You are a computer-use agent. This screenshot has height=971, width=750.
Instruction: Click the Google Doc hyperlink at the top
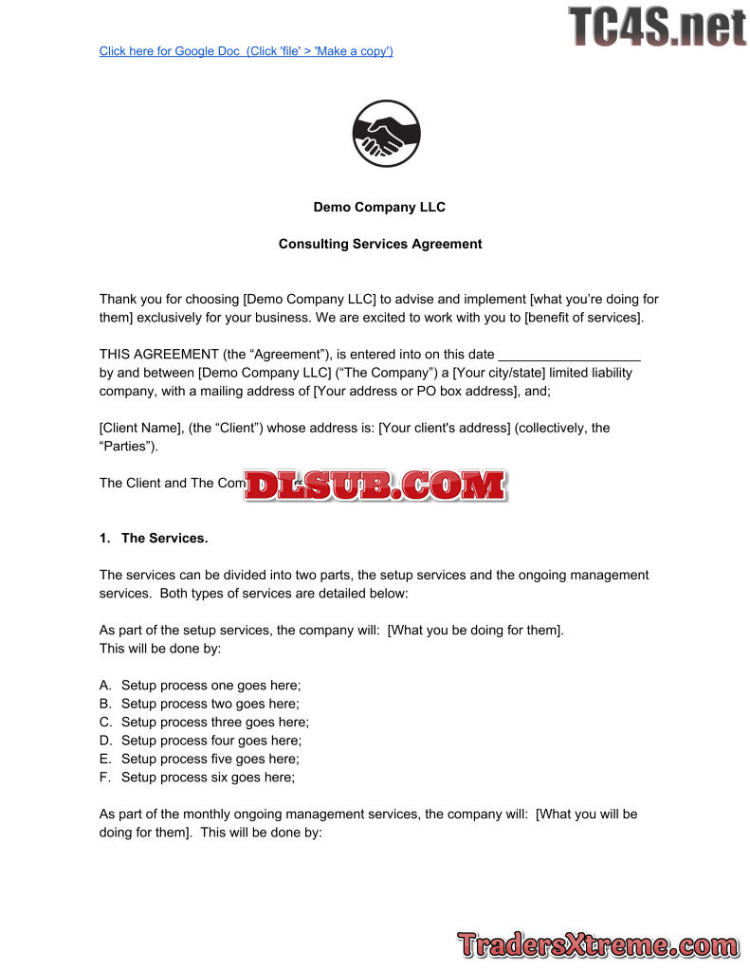(x=246, y=51)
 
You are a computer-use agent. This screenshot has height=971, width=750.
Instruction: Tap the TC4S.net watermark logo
(x=657, y=26)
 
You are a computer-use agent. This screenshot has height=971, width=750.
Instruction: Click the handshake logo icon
(x=386, y=134)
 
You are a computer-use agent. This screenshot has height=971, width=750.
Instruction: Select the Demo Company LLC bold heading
(x=379, y=207)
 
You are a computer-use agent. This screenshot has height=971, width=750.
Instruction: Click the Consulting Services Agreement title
(x=379, y=244)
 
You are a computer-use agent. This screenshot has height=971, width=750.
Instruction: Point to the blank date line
(x=569, y=355)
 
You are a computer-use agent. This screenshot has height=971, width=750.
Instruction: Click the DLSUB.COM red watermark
(x=376, y=485)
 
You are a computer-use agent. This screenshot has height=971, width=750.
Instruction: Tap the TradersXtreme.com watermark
(x=597, y=944)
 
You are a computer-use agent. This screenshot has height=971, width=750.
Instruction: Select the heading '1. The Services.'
(x=154, y=538)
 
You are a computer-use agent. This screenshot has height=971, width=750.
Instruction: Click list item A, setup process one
(x=210, y=686)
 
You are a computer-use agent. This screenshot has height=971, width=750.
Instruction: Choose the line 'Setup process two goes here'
(x=210, y=704)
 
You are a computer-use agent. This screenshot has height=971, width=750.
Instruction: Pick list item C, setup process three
(x=214, y=722)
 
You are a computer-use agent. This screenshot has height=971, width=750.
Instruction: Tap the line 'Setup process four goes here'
(x=211, y=740)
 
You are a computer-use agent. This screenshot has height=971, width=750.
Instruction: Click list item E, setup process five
(x=210, y=759)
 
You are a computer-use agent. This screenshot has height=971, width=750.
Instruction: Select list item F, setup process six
(x=208, y=777)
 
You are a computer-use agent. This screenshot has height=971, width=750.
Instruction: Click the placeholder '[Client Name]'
(x=140, y=428)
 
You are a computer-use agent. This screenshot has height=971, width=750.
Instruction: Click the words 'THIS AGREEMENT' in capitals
(x=158, y=355)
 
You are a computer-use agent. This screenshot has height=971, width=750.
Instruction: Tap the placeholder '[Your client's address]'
(x=444, y=428)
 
